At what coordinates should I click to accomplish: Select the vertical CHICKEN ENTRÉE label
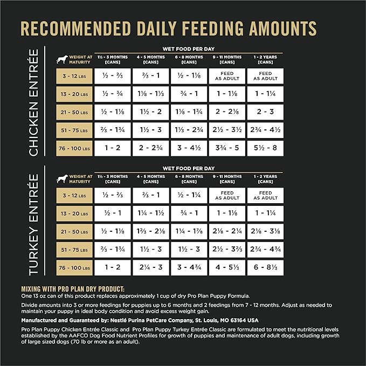click(33, 102)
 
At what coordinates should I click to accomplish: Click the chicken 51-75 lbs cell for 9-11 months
click(227, 129)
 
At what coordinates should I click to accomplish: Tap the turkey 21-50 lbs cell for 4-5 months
click(151, 231)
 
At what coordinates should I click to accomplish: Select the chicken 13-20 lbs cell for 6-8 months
click(189, 94)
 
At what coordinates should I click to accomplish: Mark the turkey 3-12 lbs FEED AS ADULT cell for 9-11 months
click(227, 195)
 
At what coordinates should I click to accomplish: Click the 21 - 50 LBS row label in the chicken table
click(74, 112)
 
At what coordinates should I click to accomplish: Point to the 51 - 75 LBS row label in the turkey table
click(74, 250)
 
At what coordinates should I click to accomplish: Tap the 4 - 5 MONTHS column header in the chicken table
click(151, 59)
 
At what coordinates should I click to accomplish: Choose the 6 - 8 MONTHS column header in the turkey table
click(189, 179)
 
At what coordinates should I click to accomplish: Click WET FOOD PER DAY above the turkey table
click(189, 168)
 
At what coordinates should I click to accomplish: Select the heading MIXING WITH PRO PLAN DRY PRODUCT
click(72, 289)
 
